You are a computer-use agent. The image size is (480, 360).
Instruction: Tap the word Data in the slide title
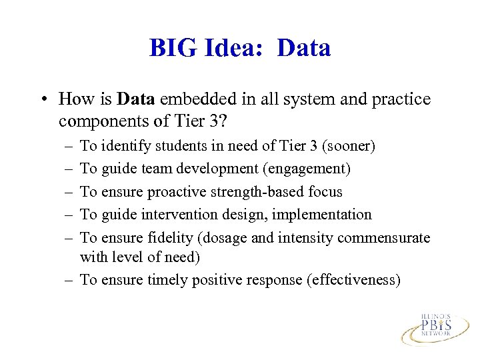point(303,48)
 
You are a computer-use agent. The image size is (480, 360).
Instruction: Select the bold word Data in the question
point(135,99)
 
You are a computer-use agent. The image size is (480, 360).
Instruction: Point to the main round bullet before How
point(43,100)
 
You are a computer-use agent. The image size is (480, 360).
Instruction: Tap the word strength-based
point(255,192)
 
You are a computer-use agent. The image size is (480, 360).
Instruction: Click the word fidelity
point(170,238)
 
